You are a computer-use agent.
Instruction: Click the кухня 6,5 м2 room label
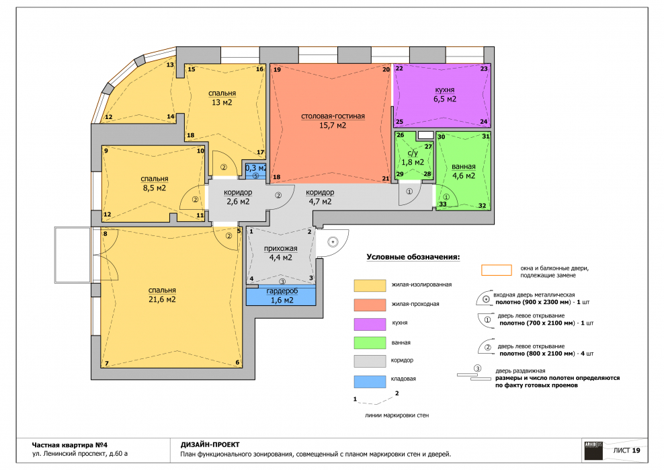coord(445,95)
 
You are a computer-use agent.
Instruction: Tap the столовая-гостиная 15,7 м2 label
coord(333,121)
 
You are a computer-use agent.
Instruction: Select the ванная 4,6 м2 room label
coord(464,171)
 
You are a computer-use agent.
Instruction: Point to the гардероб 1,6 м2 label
coord(282,296)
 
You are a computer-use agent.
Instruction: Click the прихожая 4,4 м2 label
coord(281,253)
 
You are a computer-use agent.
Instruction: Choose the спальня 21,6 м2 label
coord(162,295)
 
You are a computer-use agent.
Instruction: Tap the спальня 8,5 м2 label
coord(155,184)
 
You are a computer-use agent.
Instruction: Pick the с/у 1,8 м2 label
coord(413,157)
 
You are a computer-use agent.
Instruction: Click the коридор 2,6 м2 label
coord(238,197)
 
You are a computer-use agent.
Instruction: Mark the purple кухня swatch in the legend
coord(370,324)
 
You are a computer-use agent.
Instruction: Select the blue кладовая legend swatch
coord(370,381)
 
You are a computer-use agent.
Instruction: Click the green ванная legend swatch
coord(370,342)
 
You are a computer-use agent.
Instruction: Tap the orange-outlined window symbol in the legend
coord(496,270)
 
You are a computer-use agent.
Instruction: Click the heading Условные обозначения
coord(413,257)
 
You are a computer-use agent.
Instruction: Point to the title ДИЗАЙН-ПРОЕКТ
coord(210,445)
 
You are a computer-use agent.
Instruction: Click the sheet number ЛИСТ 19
coord(627,451)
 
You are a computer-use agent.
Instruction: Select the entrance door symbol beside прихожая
coord(333,243)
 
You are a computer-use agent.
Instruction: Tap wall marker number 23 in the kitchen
coord(484,69)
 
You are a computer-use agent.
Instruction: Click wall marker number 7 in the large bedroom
coord(107,363)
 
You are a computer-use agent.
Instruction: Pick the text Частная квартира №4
coord(70,445)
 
